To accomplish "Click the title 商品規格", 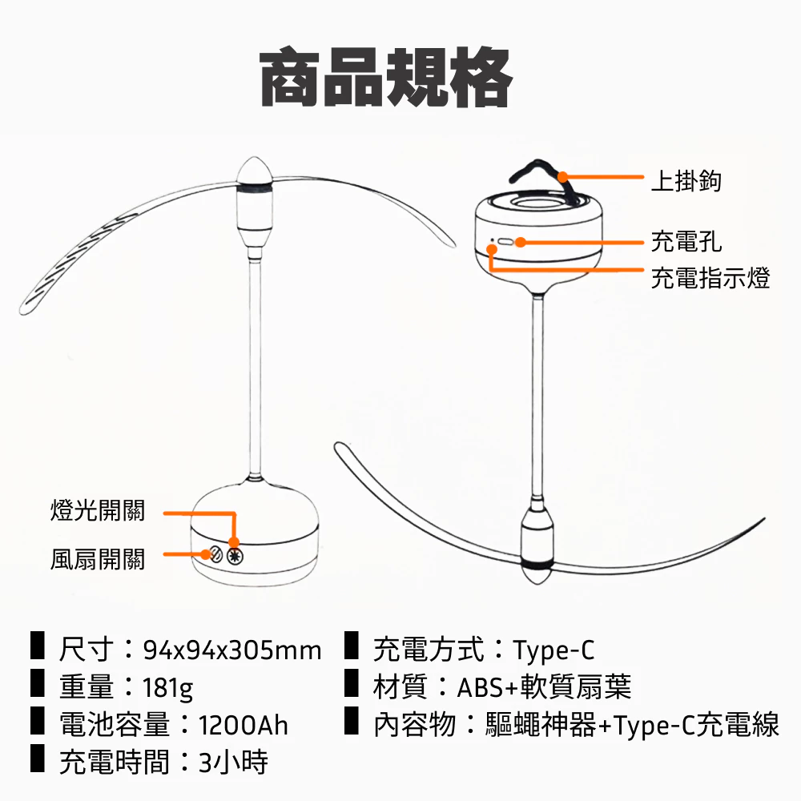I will pyautogui.click(x=386, y=78).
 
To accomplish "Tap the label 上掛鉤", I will pyautogui.click(x=686, y=182).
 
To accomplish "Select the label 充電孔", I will pyautogui.click(x=686, y=240).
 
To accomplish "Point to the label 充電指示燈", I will pyautogui.click(x=710, y=278).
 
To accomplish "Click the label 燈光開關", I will pyautogui.click(x=97, y=510).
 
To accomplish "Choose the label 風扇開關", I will pyautogui.click(x=97, y=558).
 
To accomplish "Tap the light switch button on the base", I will pyautogui.click(x=235, y=555).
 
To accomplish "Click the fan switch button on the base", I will pyautogui.click(x=214, y=554).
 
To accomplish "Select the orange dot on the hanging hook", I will pyautogui.click(x=562, y=177).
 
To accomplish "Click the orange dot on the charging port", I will pyautogui.click(x=520, y=242).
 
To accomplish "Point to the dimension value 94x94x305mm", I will pyautogui.click(x=232, y=650).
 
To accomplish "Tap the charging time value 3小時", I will pyautogui.click(x=233, y=763).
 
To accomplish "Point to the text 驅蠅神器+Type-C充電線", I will pyautogui.click(x=632, y=726).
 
